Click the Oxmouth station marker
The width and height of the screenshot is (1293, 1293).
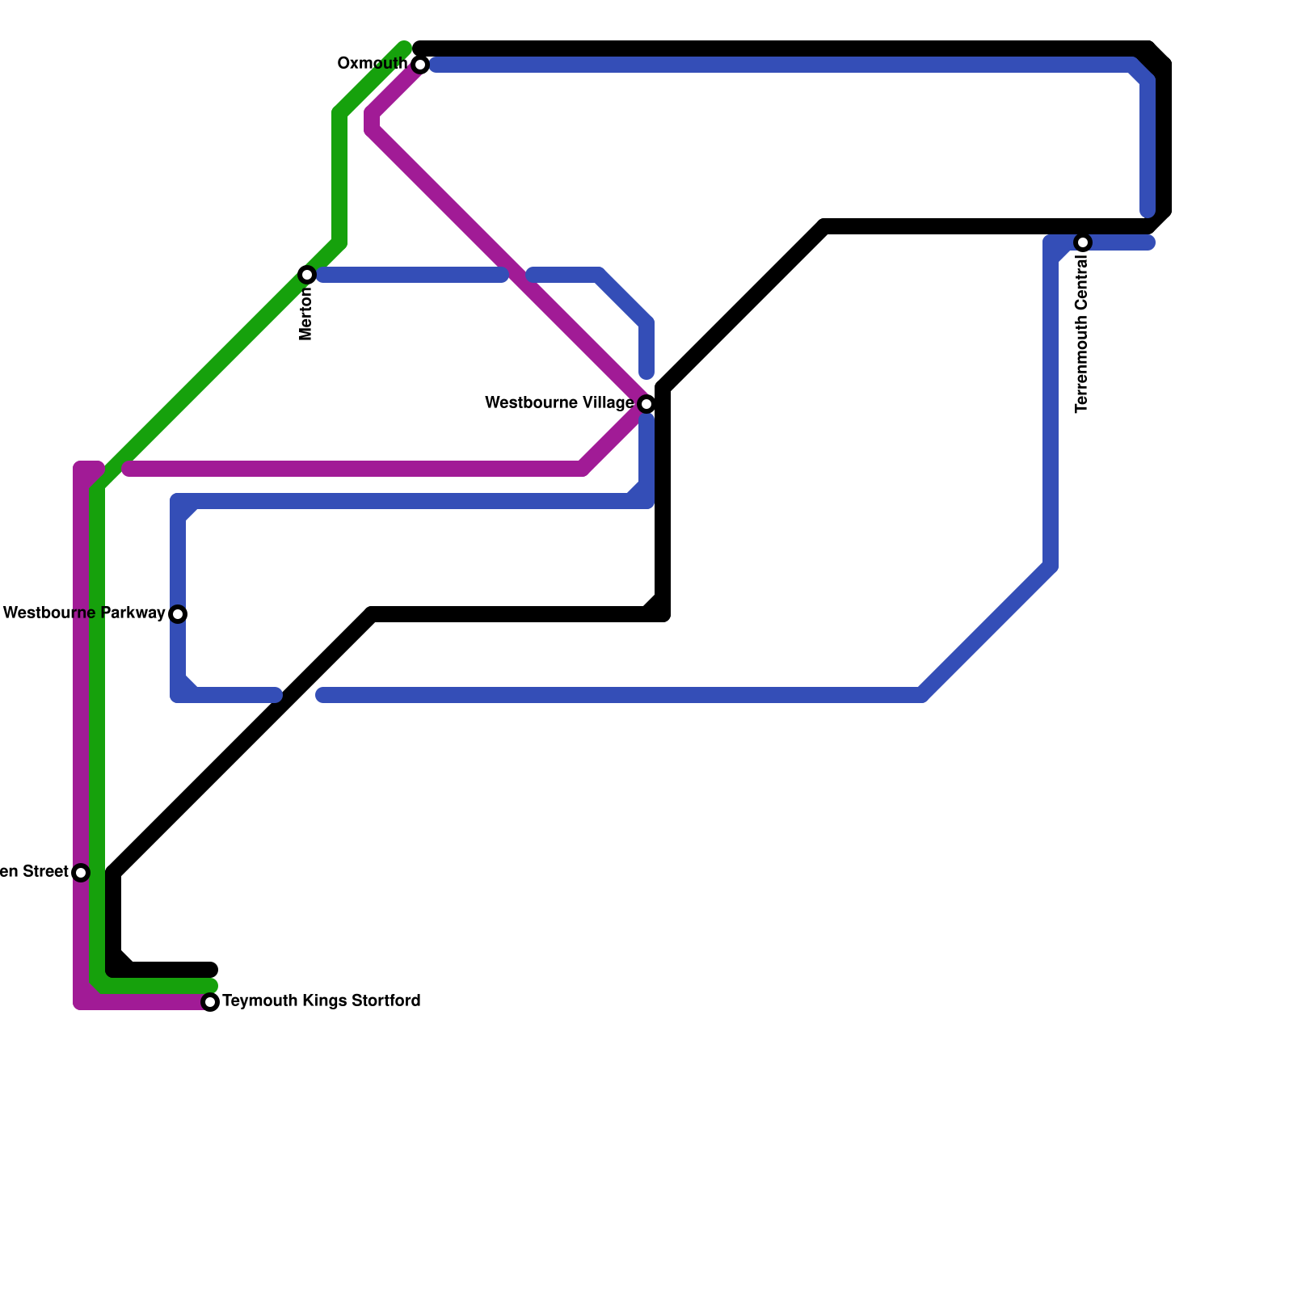[x=420, y=65]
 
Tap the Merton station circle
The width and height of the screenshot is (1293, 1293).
[x=307, y=275]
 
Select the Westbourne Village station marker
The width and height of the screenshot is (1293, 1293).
[x=646, y=404]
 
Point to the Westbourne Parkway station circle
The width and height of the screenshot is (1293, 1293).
[x=178, y=614]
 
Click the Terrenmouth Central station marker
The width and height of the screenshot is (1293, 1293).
[x=1083, y=242]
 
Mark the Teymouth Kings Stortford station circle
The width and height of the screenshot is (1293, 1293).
[x=210, y=1002]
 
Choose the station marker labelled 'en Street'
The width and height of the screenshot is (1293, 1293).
[x=81, y=873]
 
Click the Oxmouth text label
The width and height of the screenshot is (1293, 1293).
[x=373, y=64]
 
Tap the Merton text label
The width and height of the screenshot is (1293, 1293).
[x=306, y=314]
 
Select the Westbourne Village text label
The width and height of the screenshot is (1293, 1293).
[x=559, y=403]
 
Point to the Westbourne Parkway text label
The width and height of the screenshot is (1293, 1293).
[x=84, y=613]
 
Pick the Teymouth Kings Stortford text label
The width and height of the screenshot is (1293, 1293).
[x=321, y=1001]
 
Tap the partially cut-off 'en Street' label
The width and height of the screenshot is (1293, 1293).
[x=34, y=872]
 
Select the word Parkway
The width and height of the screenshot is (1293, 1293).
[x=133, y=613]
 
